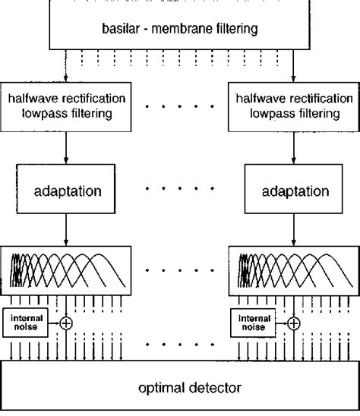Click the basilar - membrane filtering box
[180, 30]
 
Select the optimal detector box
[180, 388]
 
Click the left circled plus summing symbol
[67, 323]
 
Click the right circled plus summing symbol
[293, 323]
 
